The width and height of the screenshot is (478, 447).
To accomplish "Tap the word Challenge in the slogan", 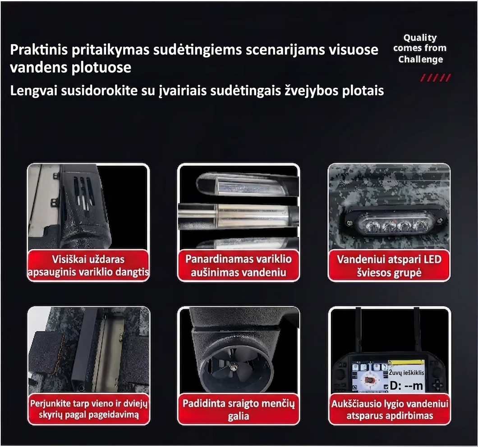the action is [420, 59].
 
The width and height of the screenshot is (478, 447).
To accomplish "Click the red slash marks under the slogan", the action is [435, 78].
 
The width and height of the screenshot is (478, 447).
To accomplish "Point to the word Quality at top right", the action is [420, 38].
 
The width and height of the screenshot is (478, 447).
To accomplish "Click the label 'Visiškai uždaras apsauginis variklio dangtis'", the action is [88, 266].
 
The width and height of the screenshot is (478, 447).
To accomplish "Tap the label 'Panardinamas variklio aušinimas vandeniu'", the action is [239, 266].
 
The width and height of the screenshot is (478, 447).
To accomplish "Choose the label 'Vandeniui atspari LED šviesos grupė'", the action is [389, 266].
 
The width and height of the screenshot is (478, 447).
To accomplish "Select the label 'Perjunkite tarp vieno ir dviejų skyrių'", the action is [89, 409].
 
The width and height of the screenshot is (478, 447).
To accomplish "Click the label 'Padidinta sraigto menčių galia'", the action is [239, 410].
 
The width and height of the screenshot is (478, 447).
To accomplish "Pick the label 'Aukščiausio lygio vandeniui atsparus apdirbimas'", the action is [390, 410].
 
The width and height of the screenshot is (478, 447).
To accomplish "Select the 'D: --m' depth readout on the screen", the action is [407, 386].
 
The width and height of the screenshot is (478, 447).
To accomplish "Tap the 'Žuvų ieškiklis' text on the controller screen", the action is [406, 372].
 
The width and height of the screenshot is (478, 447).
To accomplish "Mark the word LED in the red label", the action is [432, 259].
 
